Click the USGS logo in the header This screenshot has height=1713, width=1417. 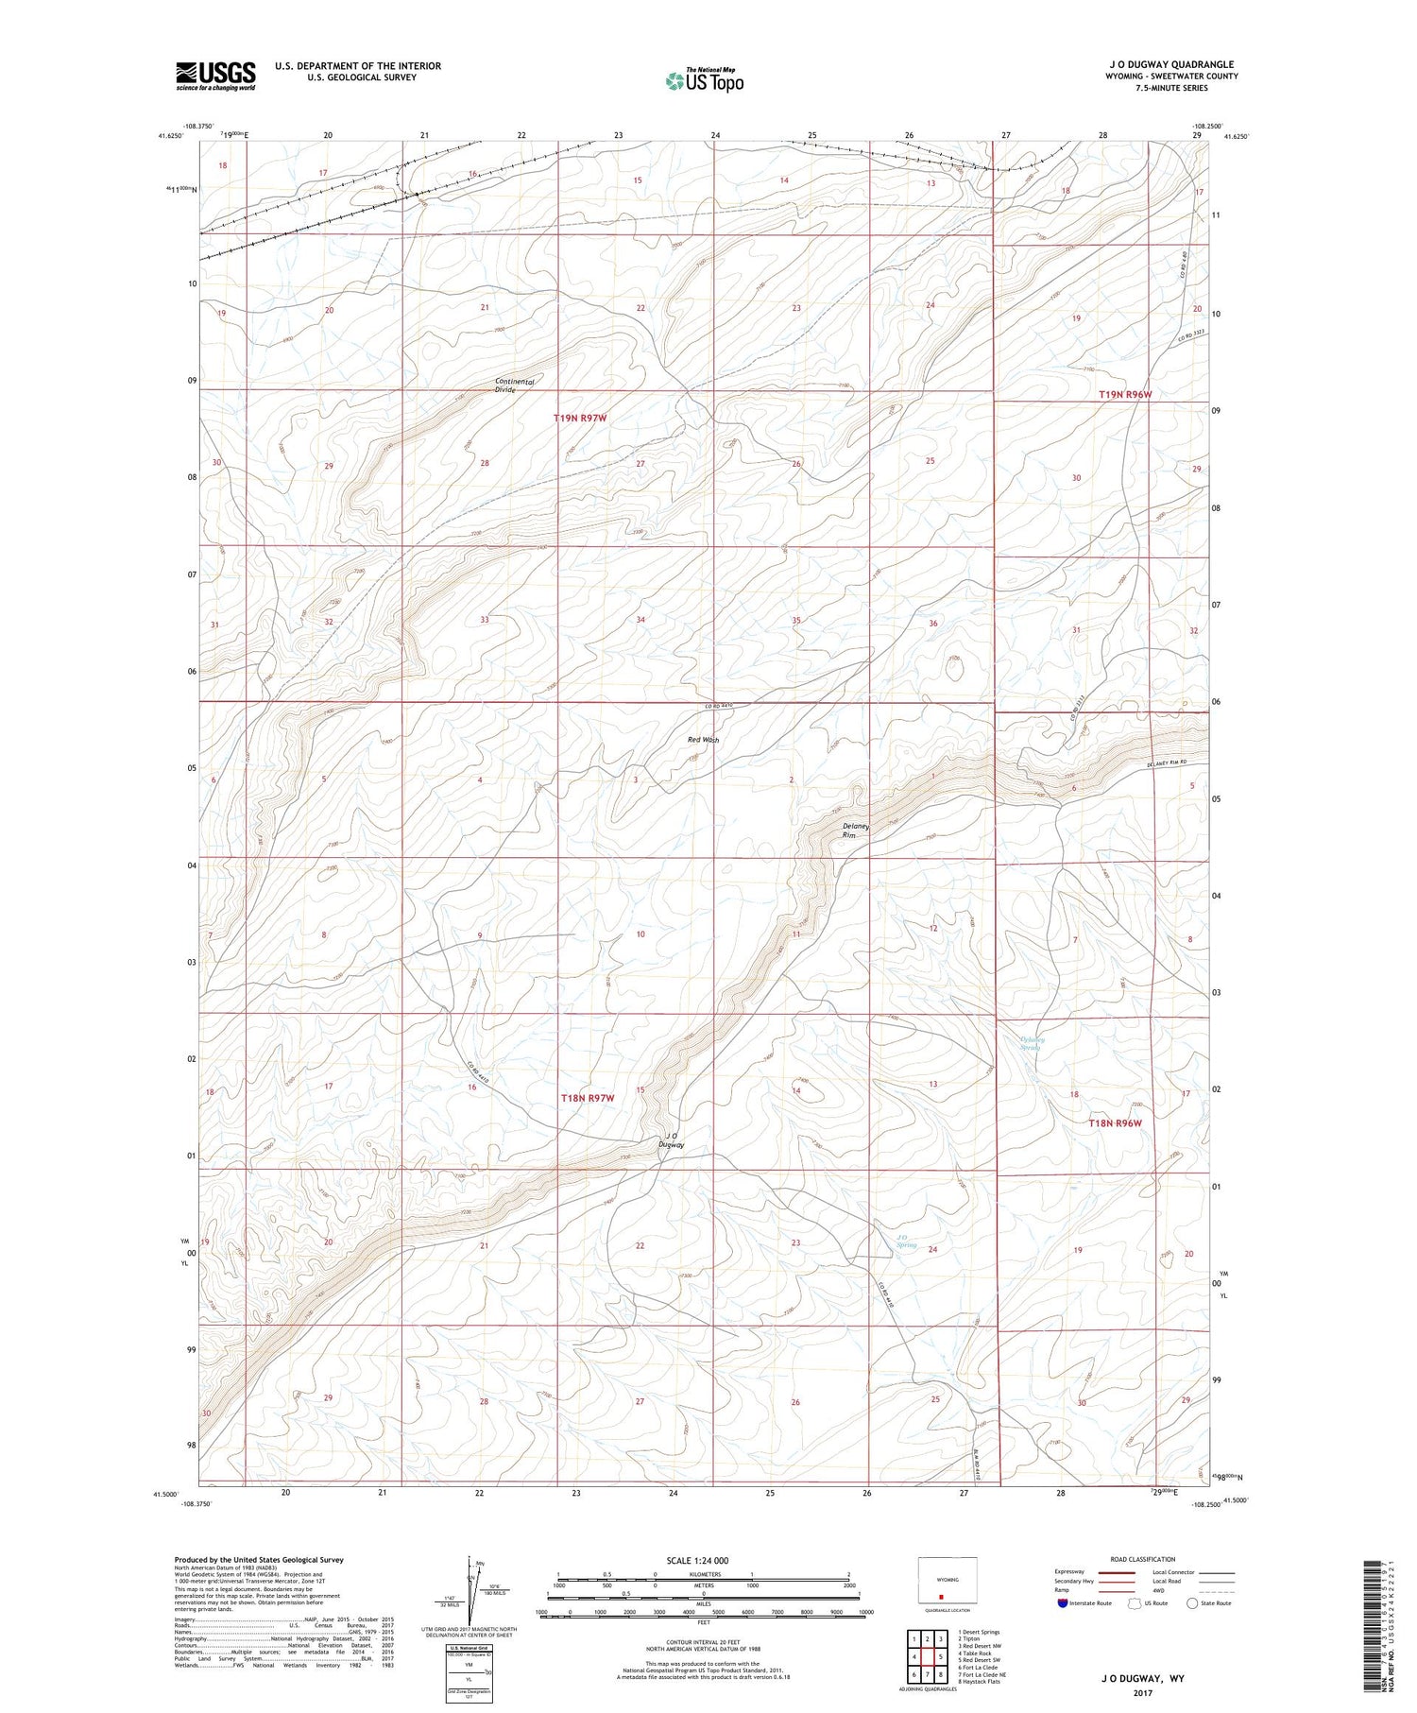point(215,76)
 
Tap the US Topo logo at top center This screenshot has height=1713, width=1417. point(704,80)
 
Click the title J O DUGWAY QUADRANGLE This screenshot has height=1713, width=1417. point(1145,64)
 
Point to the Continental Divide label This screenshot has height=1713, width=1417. point(515,385)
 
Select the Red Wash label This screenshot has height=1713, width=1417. point(703,740)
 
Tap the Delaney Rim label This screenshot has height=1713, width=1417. point(856,830)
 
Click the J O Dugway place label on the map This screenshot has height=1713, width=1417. point(671,1139)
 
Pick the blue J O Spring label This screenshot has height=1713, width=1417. point(906,1241)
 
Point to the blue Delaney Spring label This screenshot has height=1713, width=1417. point(1031,1044)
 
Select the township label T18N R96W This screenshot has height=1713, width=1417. point(1115,1122)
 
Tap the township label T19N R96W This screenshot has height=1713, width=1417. point(1125,394)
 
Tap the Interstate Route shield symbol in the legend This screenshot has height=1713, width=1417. point(1063,1603)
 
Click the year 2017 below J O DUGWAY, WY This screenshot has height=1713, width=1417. point(1145,1692)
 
